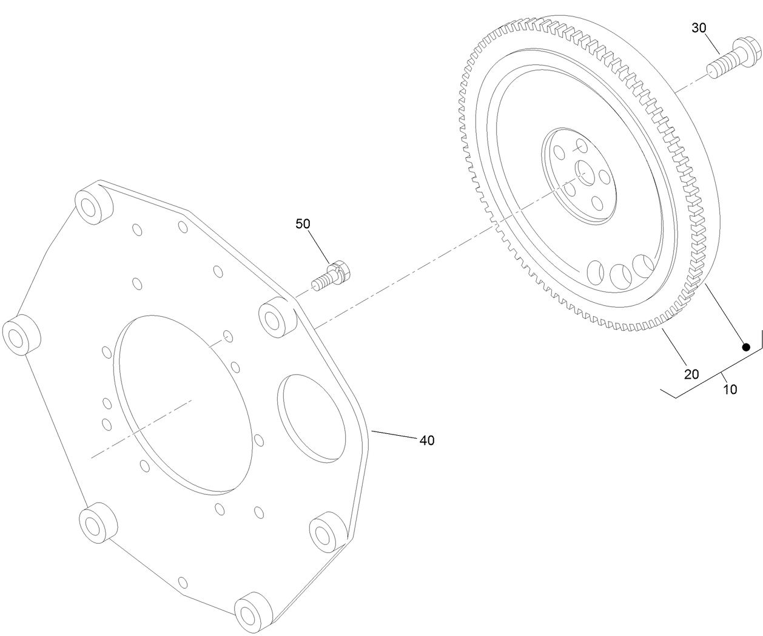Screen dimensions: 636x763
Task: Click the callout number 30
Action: click(699, 27)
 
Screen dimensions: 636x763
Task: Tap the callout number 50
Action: click(303, 224)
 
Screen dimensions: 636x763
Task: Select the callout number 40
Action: click(427, 441)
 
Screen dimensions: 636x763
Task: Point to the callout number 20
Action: click(691, 374)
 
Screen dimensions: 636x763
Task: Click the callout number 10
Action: click(731, 389)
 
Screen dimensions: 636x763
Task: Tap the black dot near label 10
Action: click(747, 347)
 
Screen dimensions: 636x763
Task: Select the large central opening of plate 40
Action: click(183, 403)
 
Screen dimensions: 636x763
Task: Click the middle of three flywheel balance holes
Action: click(622, 276)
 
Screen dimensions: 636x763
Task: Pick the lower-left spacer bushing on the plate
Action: click(97, 522)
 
